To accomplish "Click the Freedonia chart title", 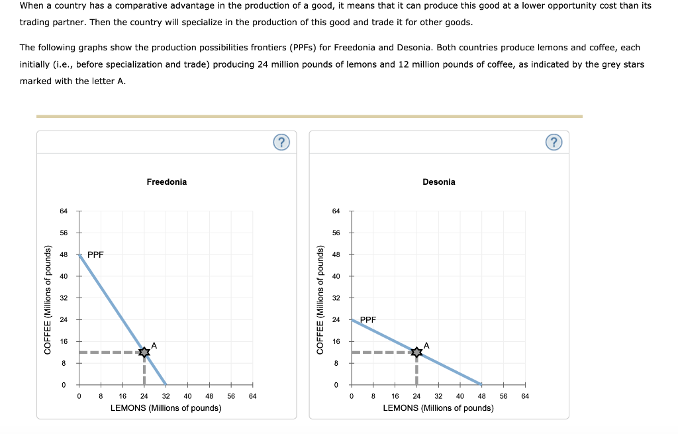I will pyautogui.click(x=166, y=182).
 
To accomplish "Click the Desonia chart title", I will pyautogui.click(x=438, y=182).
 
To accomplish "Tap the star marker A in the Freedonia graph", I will pyautogui.click(x=144, y=353).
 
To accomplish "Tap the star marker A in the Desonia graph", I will pyautogui.click(x=416, y=353).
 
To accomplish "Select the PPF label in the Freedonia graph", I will pyautogui.click(x=95, y=254).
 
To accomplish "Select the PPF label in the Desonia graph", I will pyautogui.click(x=367, y=319).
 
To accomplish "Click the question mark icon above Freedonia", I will pyautogui.click(x=281, y=142).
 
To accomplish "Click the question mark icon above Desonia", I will pyautogui.click(x=554, y=142).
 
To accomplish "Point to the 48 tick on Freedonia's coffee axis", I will pyautogui.click(x=64, y=254).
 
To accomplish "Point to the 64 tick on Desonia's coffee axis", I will pyautogui.click(x=336, y=211).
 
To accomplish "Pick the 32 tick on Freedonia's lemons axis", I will pyautogui.click(x=166, y=396).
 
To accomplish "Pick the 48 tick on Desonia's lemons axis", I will pyautogui.click(x=481, y=396).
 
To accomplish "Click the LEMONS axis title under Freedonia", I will pyautogui.click(x=166, y=407).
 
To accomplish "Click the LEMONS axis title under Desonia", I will pyautogui.click(x=438, y=407).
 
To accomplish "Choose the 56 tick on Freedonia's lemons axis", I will pyautogui.click(x=230, y=396).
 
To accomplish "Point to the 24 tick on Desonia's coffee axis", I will pyautogui.click(x=336, y=320).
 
